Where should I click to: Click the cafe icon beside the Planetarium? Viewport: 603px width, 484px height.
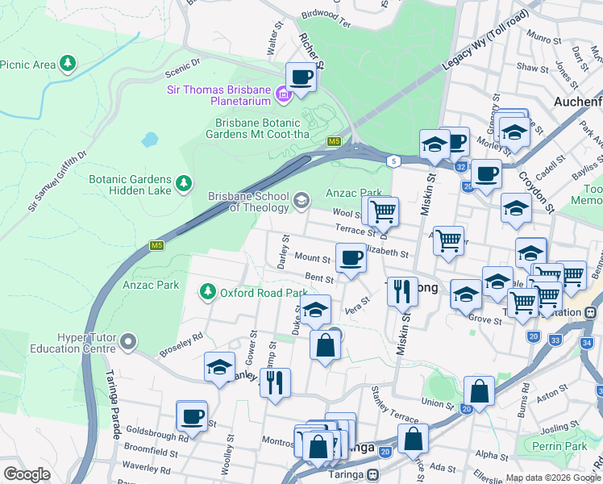tap(301, 77)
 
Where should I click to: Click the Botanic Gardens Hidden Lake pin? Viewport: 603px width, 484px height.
tap(185, 183)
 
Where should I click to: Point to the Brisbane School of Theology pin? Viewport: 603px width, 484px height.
tap(301, 200)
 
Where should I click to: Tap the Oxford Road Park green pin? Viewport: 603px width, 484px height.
tap(209, 291)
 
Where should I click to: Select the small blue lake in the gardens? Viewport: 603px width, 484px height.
tap(150, 139)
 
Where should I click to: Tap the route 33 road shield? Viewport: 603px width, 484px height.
tap(555, 340)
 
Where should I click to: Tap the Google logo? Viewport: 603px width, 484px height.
tap(27, 474)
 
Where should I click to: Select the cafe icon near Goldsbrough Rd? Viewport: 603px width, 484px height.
tap(192, 416)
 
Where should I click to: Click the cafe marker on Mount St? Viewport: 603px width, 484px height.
tap(351, 258)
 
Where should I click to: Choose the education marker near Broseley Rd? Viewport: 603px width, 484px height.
tap(219, 367)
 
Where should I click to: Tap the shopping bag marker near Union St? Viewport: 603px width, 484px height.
tap(479, 391)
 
